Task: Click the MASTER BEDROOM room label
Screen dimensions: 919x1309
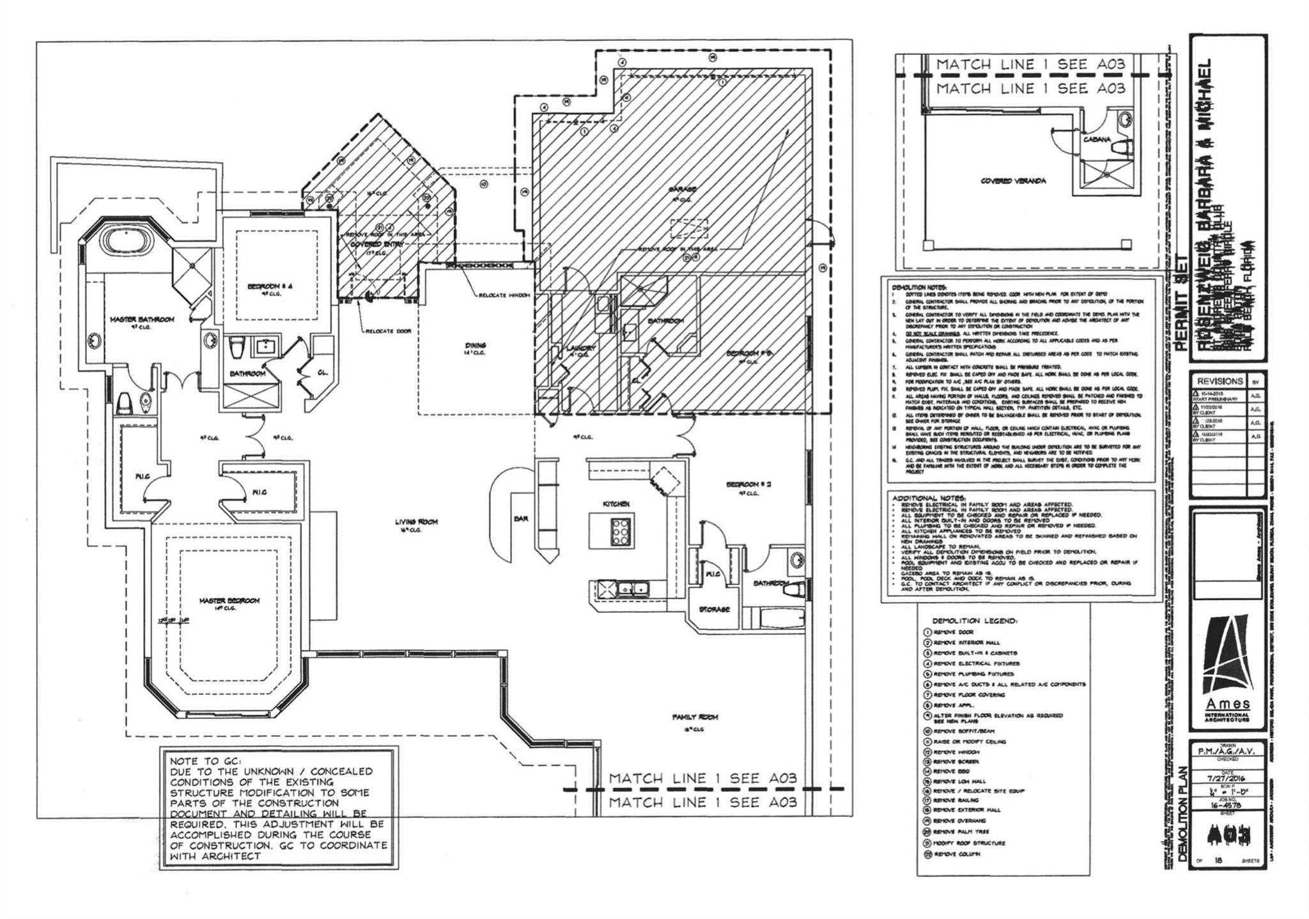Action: click(x=229, y=601)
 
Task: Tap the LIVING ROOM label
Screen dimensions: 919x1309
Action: click(x=416, y=522)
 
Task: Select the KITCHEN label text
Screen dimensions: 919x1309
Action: click(x=616, y=504)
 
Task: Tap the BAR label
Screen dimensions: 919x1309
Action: click(x=521, y=519)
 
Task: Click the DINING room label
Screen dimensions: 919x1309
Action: click(x=476, y=345)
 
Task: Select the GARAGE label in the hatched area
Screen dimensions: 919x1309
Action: click(x=683, y=189)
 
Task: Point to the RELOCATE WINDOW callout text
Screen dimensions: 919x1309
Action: click(x=504, y=295)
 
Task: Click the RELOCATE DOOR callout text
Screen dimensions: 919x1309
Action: click(x=388, y=331)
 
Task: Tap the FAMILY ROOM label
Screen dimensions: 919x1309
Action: click(x=695, y=717)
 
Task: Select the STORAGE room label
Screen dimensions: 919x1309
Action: click(x=714, y=609)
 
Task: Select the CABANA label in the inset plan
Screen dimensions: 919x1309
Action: click(x=1096, y=139)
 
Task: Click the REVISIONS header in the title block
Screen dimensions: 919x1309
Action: click(x=1220, y=381)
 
